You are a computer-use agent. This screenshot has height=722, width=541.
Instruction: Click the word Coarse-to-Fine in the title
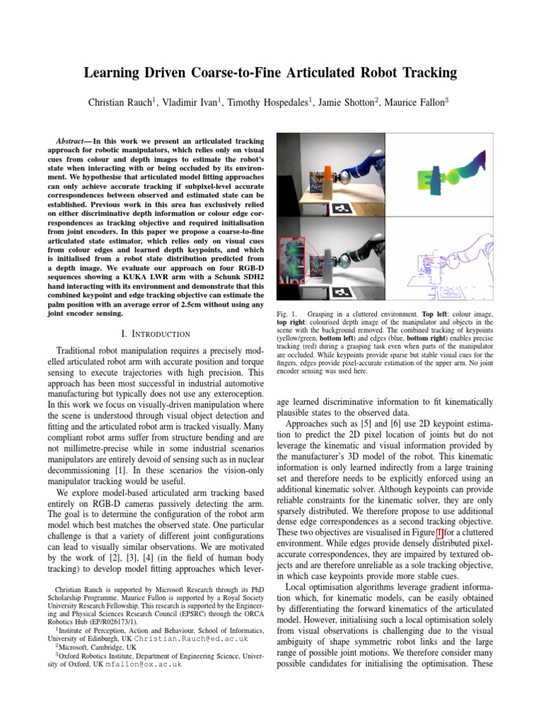(254, 73)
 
